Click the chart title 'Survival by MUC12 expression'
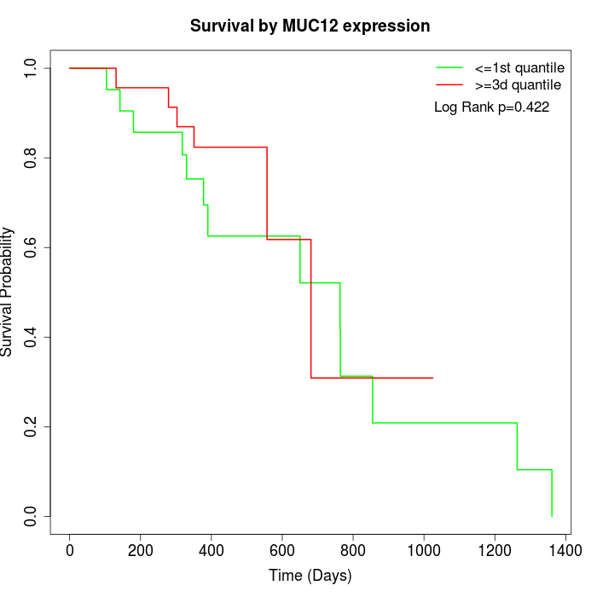(310, 26)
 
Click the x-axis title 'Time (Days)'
(310, 576)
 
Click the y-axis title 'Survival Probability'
(8, 292)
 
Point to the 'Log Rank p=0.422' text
(491, 107)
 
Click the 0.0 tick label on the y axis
(32, 516)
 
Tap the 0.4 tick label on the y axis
(32, 337)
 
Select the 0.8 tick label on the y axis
(32, 158)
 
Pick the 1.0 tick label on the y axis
(32, 68)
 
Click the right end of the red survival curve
(433, 378)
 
